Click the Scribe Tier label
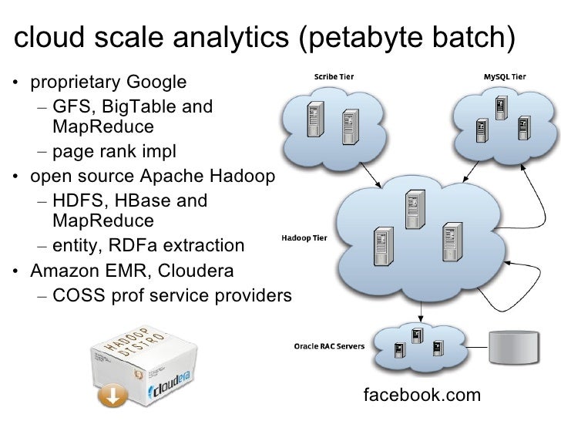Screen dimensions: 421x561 point(334,77)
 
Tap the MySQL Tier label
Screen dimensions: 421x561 point(506,77)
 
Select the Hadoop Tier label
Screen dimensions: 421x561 point(305,238)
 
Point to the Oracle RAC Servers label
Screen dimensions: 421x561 point(331,345)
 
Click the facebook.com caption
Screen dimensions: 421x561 point(422,396)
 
